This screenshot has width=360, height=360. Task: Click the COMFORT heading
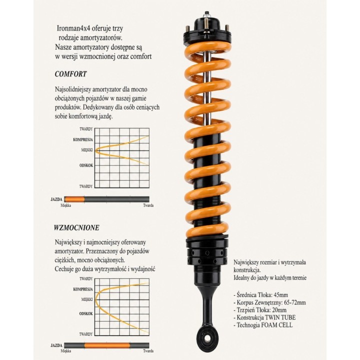(x=70, y=74)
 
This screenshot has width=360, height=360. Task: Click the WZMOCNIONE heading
(x=76, y=227)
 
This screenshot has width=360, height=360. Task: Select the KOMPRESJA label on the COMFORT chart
(x=83, y=139)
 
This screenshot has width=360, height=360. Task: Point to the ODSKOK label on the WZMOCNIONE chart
(x=86, y=313)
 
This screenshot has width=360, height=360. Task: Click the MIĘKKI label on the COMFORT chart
(x=87, y=150)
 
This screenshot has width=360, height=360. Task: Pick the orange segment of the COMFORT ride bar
(x=74, y=199)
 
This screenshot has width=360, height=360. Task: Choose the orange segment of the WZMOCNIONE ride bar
(x=107, y=345)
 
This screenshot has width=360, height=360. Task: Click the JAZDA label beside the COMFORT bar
(x=56, y=199)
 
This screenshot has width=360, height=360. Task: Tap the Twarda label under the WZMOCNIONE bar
(x=148, y=351)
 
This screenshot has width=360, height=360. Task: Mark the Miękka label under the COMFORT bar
(x=65, y=205)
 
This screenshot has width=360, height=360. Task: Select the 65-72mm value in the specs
(x=295, y=302)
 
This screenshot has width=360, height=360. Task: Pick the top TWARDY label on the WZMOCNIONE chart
(x=86, y=278)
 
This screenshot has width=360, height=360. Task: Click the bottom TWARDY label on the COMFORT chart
(x=86, y=186)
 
